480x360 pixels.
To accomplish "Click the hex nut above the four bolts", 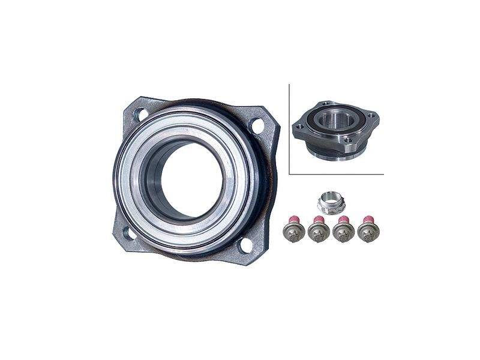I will click(331, 203).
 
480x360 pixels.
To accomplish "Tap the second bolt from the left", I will click(319, 232).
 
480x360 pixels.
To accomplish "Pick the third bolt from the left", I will click(343, 232).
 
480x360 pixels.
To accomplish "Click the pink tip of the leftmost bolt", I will click(294, 219).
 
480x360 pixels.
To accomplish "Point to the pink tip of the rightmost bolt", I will click(368, 219).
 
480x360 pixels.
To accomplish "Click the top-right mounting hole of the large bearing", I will click(257, 126).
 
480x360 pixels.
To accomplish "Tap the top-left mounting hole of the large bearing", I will click(140, 113).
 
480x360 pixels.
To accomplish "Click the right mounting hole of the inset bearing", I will click(370, 115).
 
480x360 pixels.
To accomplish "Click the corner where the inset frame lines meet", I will click(290, 174).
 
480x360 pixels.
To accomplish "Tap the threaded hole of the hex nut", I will click(331, 199).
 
